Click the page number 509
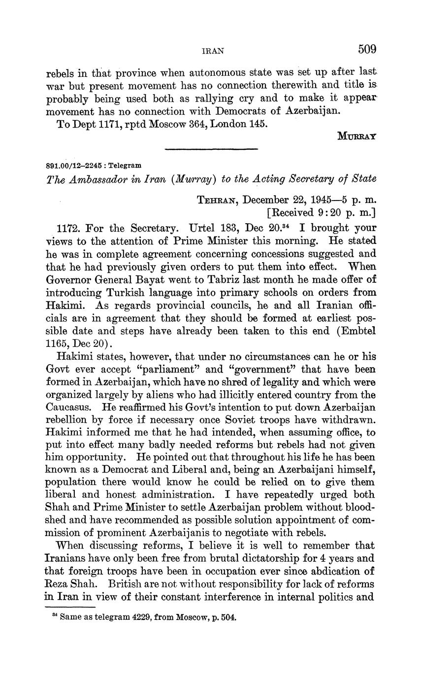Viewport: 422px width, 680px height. point(367,49)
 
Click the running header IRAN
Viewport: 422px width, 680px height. point(213,51)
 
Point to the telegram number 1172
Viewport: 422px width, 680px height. point(68,229)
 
